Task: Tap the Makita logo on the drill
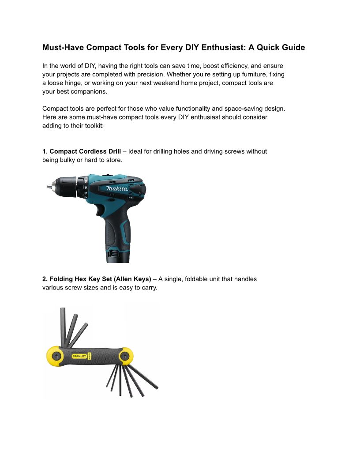tap(117, 188)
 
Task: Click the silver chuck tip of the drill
tap(49, 187)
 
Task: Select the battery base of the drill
tap(118, 256)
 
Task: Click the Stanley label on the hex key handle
tap(79, 356)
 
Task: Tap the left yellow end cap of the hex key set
tap(55, 356)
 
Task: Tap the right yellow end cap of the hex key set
tap(126, 356)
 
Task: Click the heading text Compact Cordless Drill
tap(85, 151)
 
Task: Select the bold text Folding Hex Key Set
tap(81, 279)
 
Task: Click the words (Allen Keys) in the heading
tap(132, 279)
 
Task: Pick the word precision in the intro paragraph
tap(151, 74)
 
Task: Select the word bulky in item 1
tap(67, 160)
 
